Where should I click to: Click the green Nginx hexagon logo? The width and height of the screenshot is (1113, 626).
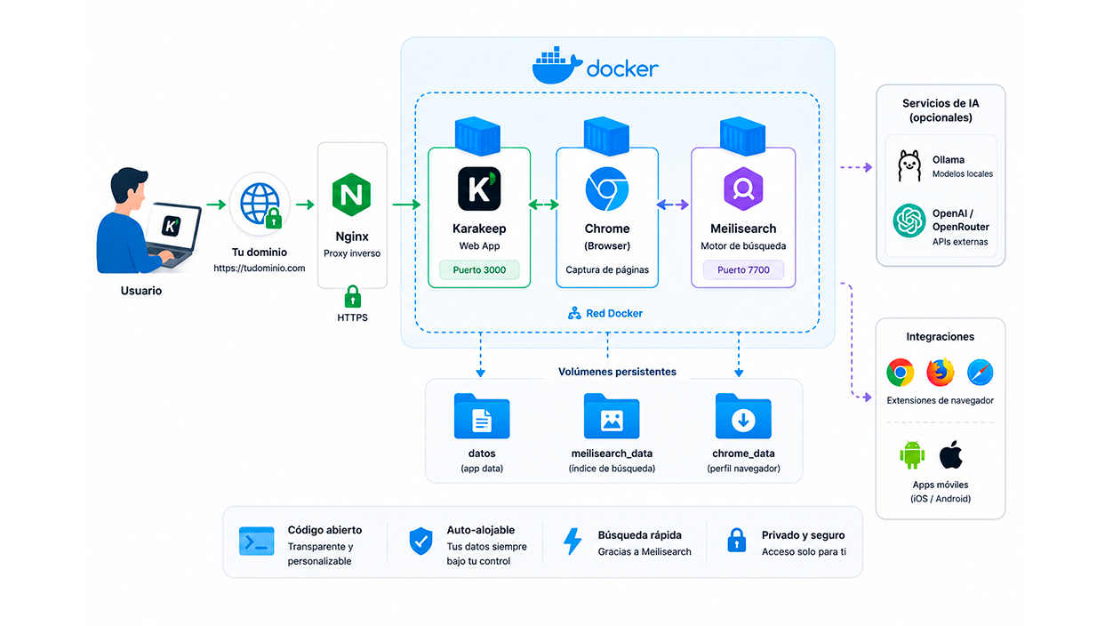(x=351, y=194)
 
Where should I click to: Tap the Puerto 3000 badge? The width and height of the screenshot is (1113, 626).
(x=479, y=269)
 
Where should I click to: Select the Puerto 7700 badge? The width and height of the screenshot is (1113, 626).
(x=743, y=269)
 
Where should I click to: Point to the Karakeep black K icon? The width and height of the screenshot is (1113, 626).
(x=479, y=189)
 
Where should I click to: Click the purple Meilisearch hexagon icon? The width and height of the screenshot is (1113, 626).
(x=743, y=189)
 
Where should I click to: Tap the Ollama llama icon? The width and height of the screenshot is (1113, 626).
(x=909, y=166)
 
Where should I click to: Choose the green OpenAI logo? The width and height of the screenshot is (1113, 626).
(x=909, y=221)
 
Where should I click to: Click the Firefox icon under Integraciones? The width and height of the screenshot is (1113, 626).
(x=940, y=372)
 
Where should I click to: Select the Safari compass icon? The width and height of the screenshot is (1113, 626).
(x=981, y=372)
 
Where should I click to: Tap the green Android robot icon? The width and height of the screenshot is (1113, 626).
(x=912, y=454)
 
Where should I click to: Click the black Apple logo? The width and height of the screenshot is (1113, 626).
(x=951, y=454)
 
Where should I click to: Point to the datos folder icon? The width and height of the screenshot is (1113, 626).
(x=482, y=416)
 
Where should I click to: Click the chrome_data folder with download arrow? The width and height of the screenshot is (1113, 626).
(x=743, y=416)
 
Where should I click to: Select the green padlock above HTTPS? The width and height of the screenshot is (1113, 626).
(x=353, y=297)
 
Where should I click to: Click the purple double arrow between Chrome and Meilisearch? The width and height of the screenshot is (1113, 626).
(x=673, y=205)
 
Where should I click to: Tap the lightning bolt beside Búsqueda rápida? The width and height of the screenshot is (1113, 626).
(x=573, y=541)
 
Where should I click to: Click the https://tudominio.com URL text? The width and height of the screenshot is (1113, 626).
(x=260, y=269)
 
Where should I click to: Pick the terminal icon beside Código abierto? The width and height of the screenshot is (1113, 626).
(x=256, y=541)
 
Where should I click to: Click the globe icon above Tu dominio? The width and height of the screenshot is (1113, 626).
(x=260, y=205)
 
